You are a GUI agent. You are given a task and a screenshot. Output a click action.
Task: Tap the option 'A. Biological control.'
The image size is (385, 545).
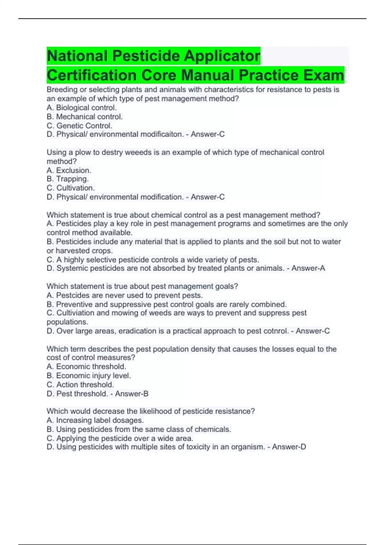(x=81, y=108)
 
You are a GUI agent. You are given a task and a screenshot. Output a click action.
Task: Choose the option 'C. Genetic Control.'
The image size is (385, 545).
(x=79, y=126)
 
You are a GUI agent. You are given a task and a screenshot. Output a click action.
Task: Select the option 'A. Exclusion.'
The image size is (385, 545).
(x=69, y=170)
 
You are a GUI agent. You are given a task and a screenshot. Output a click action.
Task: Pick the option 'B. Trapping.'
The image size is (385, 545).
(x=67, y=179)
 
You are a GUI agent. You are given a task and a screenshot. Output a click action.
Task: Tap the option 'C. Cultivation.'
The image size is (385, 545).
(x=71, y=188)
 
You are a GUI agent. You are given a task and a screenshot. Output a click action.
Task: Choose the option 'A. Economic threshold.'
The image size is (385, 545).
(x=86, y=366)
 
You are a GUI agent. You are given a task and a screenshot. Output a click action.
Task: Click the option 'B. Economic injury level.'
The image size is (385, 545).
(x=89, y=375)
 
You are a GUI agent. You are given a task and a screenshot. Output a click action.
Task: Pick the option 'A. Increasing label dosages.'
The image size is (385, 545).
(x=95, y=420)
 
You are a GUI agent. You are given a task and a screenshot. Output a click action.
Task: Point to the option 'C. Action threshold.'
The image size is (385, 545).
(x=80, y=385)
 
